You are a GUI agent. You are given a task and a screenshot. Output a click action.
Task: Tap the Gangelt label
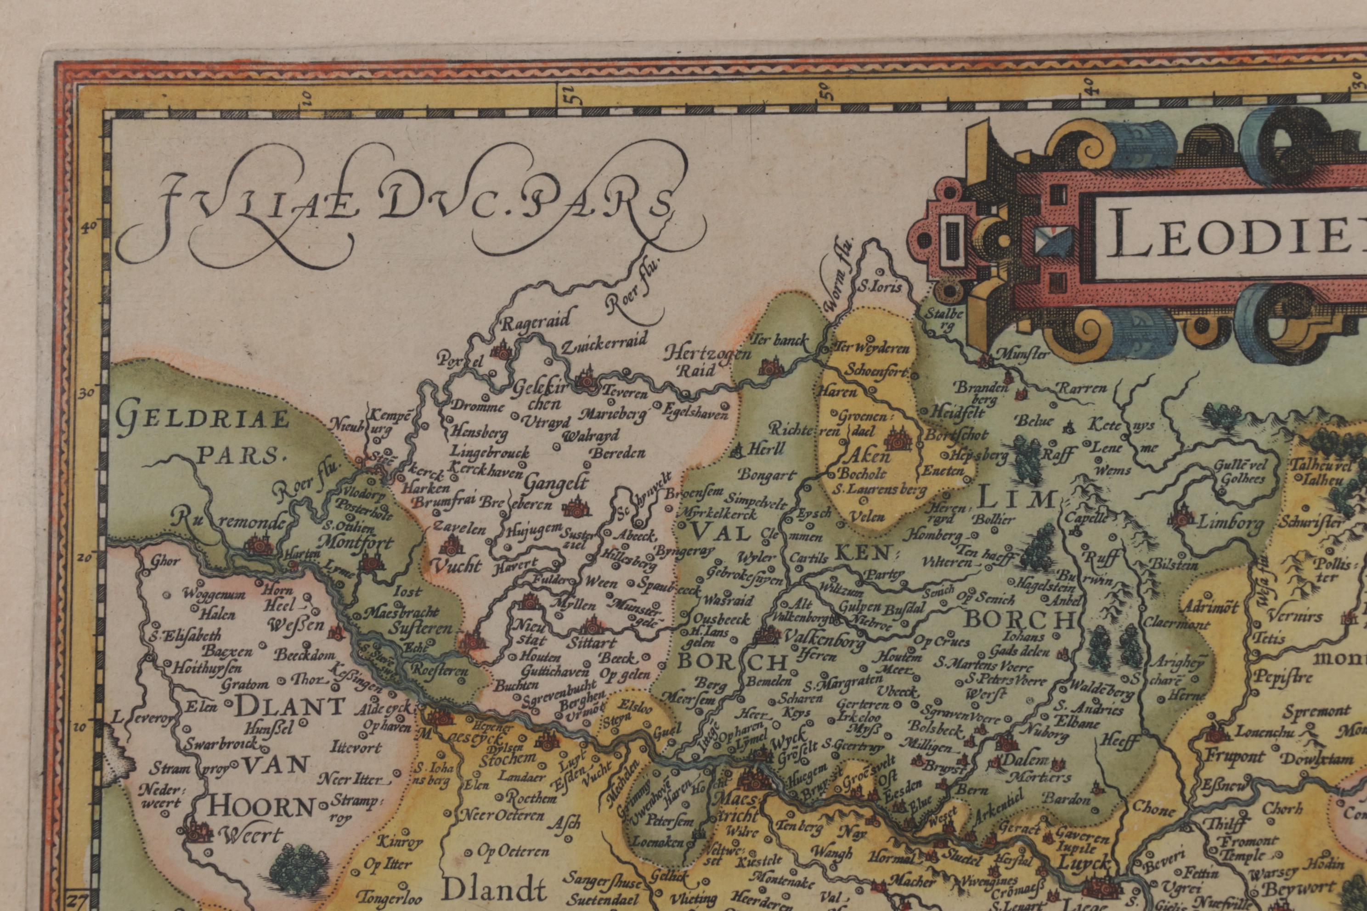coord(556,483)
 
